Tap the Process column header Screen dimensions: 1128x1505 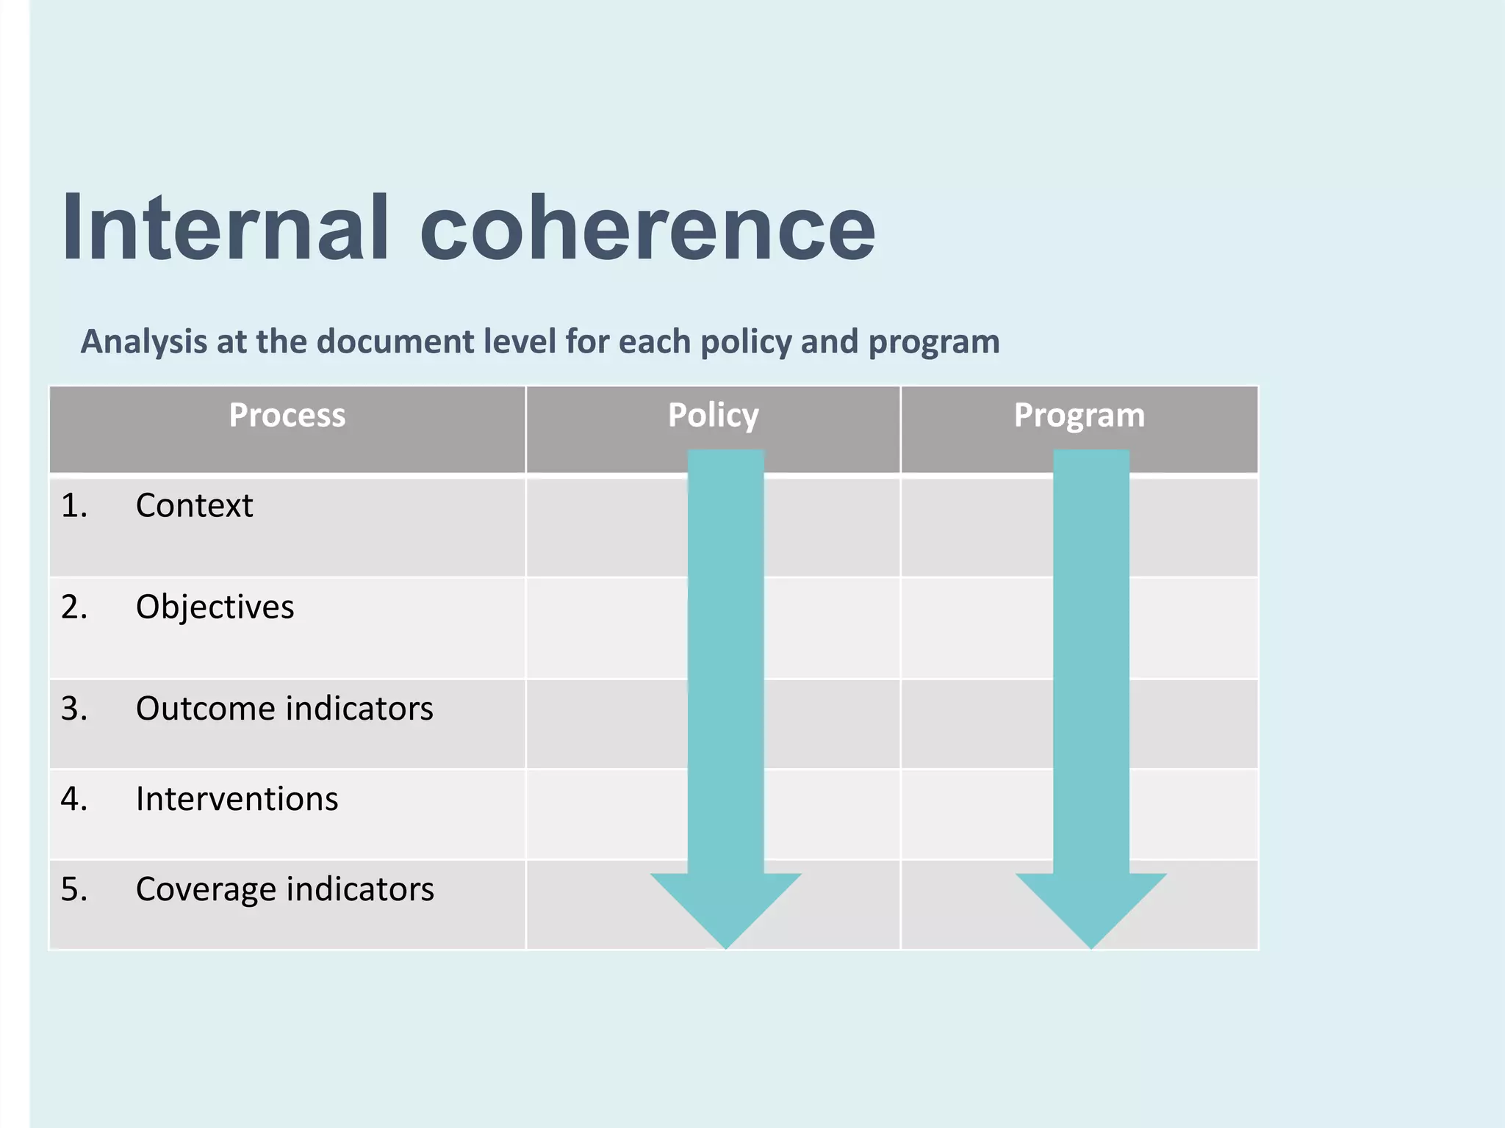click(287, 416)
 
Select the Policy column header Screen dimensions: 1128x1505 click(713, 416)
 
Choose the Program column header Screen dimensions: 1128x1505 click(1079, 416)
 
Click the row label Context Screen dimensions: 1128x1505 click(194, 506)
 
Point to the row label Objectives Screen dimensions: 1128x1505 click(215, 607)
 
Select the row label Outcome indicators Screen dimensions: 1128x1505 click(284, 709)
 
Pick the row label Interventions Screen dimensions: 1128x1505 click(237, 799)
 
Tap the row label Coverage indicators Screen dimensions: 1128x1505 click(285, 889)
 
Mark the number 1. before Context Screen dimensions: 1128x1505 click(73, 506)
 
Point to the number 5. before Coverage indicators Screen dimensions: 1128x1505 click(73, 889)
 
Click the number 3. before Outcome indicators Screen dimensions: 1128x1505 click(73, 709)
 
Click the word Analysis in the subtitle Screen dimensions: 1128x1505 click(143, 342)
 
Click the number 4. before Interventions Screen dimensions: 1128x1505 click(73, 799)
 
